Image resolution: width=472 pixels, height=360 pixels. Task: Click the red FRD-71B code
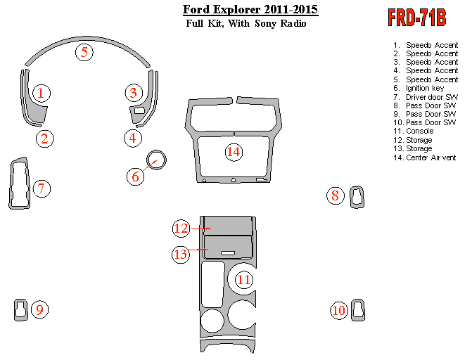tap(416, 18)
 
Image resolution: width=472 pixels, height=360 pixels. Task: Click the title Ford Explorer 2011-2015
tap(250, 10)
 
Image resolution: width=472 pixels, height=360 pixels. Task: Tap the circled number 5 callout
tap(84, 52)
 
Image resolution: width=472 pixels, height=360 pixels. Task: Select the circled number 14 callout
tap(234, 151)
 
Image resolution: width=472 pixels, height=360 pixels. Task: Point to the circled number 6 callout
tap(136, 176)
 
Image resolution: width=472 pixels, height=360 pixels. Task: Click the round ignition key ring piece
tap(156, 160)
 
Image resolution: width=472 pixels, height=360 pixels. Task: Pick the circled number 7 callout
tap(42, 188)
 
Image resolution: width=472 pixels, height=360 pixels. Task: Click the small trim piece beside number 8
tap(357, 197)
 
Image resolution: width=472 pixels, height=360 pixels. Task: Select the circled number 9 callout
tap(39, 309)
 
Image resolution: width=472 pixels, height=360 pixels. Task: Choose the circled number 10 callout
tap(340, 309)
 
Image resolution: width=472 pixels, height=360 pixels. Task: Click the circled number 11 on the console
tap(243, 279)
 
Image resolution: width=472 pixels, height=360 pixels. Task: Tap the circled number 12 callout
tap(181, 228)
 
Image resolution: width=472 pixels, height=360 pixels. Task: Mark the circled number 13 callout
tap(181, 254)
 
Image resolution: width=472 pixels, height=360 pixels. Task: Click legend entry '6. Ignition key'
tap(425, 88)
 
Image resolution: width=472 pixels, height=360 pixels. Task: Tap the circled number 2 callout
tap(45, 138)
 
